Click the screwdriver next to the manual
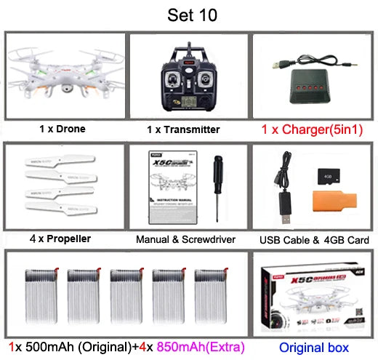click(217, 183)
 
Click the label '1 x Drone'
click(63, 129)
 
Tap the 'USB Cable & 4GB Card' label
click(314, 239)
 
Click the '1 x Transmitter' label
click(183, 129)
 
